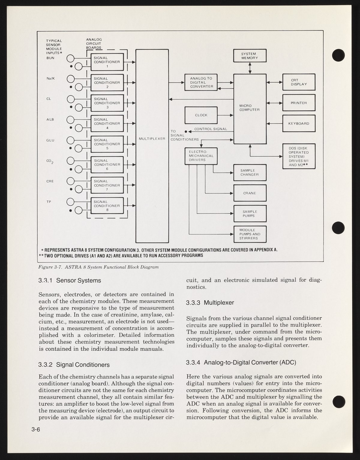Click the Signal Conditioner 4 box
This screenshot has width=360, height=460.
pos(107,123)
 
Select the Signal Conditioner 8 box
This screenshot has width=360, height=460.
pos(107,206)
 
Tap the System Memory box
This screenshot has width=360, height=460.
pos(250,56)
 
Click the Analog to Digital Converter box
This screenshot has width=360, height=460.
pos(201,83)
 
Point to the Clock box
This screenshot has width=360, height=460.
pos(201,115)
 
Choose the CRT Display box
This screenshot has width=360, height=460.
pos(299,82)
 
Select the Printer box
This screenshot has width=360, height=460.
pos(299,103)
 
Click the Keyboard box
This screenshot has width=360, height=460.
pos(299,123)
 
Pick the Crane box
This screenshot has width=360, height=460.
pos(250,193)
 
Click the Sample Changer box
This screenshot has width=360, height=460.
pos(250,172)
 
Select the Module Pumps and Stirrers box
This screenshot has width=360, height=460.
pos(250,234)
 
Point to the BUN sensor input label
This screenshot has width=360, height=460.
pos(50,58)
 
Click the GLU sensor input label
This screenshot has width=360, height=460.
pos(50,140)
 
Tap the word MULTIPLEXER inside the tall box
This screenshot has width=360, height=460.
pos(152,139)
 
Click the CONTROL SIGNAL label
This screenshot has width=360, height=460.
pos(211,129)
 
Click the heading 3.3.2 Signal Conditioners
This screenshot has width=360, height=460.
pos(74,365)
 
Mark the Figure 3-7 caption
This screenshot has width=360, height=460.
pos(98,267)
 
